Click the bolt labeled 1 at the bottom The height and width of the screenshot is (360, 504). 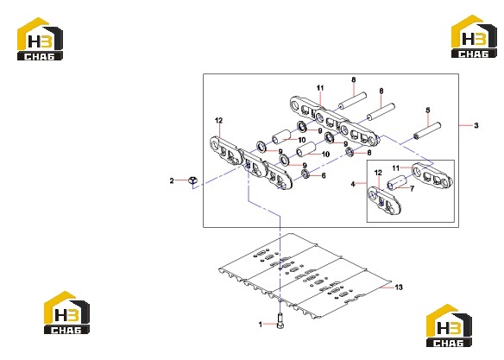coord(280,321)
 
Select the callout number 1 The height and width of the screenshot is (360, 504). coord(261,325)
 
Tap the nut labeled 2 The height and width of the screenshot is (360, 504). coord(192,181)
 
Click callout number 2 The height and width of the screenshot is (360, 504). coord(172,181)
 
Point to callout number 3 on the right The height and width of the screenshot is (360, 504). coord(476,125)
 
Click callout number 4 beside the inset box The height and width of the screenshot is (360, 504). coord(353,184)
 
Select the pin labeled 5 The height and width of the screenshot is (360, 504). coord(427,130)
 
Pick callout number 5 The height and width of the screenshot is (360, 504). coord(428,111)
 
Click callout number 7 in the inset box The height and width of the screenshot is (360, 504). coord(412,189)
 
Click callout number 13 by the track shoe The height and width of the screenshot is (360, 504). coord(399,287)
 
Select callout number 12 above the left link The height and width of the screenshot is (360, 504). coord(218,121)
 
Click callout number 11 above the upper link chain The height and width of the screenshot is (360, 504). coord(320,88)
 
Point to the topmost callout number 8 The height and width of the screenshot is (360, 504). coord(354,79)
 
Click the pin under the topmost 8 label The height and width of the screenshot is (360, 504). coord(352,101)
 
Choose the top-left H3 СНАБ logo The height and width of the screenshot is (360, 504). coord(40,39)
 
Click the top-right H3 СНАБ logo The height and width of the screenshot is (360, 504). coord(474,36)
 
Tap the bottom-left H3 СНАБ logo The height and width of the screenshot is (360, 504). coord(66,313)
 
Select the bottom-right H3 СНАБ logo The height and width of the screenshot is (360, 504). coord(449,325)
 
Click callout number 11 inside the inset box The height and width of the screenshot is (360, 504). coord(395,167)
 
